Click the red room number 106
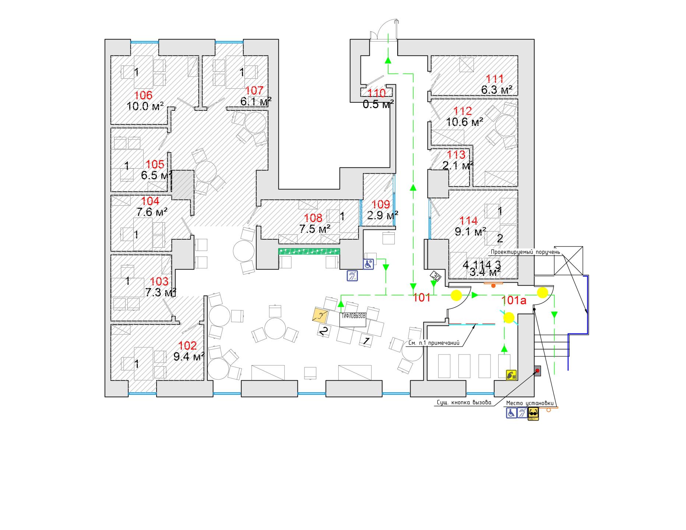(x=143, y=95)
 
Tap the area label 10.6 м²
(x=464, y=122)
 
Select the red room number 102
(x=187, y=346)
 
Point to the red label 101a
(x=514, y=300)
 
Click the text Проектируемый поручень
(x=525, y=252)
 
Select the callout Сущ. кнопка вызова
(x=464, y=403)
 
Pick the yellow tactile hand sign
(x=511, y=375)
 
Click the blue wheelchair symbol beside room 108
(x=368, y=264)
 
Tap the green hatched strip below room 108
(x=309, y=251)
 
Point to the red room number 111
(x=495, y=78)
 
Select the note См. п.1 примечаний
(x=434, y=343)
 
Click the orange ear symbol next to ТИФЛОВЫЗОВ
(x=320, y=315)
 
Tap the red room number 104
(x=150, y=201)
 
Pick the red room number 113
(x=456, y=155)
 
